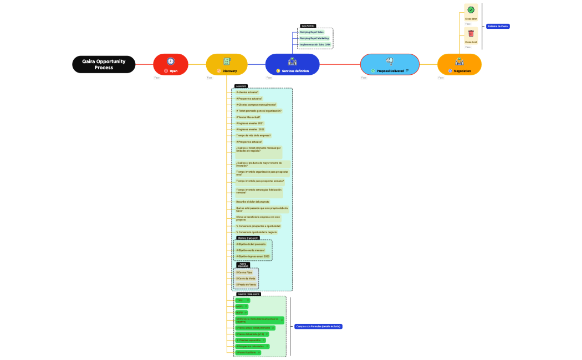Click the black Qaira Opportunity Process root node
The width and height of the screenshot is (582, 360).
pos(104,64)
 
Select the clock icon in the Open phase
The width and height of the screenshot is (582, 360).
pos(171,61)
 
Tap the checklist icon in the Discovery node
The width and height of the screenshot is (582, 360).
pos(227,61)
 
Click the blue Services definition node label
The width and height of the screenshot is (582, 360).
pos(295,71)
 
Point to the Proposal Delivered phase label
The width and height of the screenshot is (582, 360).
pos(390,71)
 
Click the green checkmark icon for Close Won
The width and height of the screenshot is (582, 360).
pos(471,10)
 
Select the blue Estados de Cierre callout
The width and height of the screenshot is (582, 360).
pos(498,26)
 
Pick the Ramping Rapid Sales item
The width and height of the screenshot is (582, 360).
pos(312,32)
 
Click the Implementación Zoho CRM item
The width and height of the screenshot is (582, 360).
pos(315,44)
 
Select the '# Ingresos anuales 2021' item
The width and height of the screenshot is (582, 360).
pos(249,123)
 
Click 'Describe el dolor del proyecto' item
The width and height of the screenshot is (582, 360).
pos(253,202)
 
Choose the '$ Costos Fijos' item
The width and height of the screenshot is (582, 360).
pos(244,272)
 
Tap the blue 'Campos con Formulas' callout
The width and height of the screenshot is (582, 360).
pos(318,327)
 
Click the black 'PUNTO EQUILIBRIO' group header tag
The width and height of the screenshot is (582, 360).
pos(243,265)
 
